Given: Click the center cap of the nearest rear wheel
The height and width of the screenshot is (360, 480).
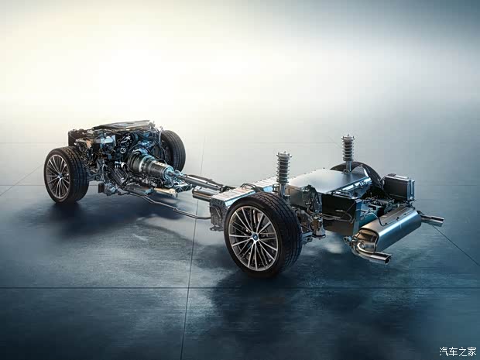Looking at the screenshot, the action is tap(253, 238).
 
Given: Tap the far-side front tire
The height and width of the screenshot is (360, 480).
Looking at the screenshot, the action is tap(173, 150).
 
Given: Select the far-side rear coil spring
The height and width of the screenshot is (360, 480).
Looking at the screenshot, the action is tap(348, 149).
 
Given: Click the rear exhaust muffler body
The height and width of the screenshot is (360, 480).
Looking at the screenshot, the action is tap(392, 228).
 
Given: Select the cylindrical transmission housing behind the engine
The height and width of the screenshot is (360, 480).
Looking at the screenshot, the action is tap(147, 166).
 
